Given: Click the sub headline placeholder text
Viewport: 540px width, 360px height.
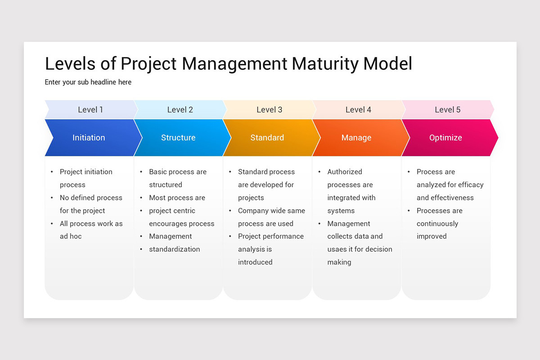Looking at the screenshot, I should click(88, 82).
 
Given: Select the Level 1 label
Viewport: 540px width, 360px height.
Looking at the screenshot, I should click(90, 110).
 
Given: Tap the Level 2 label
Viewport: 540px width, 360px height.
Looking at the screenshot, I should click(180, 110).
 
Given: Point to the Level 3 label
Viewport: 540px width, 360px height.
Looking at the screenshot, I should click(269, 110).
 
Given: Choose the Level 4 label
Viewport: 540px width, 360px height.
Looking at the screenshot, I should click(358, 110).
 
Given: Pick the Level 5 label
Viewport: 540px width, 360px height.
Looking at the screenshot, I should click(447, 110).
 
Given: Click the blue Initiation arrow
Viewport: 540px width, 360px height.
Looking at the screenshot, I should click(89, 138).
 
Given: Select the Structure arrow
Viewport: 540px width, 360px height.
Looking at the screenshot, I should click(178, 138).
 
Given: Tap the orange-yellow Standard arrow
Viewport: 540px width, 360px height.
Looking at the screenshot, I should click(267, 138).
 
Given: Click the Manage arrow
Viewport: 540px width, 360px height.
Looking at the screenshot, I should click(356, 138).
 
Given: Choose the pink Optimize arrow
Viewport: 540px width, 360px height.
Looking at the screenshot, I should click(445, 138).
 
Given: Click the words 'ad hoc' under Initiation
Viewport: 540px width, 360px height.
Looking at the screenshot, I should click(71, 236).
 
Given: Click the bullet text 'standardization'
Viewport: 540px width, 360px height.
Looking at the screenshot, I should click(175, 249).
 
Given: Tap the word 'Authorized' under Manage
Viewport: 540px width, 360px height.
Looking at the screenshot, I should click(345, 172).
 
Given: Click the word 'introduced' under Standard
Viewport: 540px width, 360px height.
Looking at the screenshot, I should click(255, 262).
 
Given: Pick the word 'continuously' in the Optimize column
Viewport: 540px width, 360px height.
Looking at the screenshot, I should click(437, 224).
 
